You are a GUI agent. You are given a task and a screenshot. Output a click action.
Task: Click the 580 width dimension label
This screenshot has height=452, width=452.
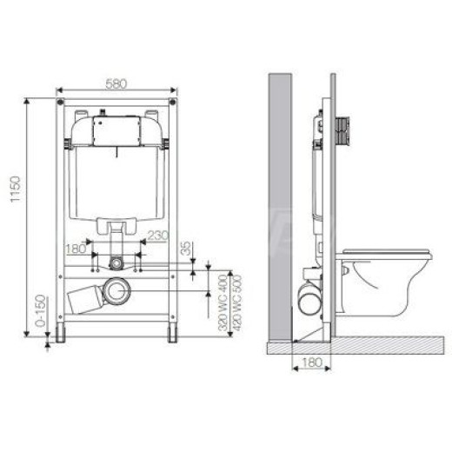(x=116, y=83)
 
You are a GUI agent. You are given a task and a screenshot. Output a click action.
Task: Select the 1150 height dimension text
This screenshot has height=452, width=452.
(x=16, y=189)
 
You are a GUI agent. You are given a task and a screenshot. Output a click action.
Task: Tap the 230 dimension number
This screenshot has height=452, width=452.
(x=157, y=236)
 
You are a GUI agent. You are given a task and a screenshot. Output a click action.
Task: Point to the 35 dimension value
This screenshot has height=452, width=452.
(x=186, y=248)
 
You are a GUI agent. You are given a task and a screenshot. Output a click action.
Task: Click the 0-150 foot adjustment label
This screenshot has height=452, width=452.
(x=41, y=311)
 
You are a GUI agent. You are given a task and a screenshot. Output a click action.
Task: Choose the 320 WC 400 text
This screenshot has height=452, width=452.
(x=223, y=302)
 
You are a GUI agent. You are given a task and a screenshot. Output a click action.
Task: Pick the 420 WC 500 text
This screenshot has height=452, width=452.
(x=237, y=302)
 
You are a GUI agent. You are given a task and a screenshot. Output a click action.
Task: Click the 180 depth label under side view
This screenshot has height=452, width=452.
(x=312, y=362)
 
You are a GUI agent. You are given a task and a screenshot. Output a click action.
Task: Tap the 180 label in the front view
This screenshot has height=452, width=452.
(x=76, y=249)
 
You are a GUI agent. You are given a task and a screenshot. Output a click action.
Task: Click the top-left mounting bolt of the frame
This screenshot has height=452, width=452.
(x=60, y=102)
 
